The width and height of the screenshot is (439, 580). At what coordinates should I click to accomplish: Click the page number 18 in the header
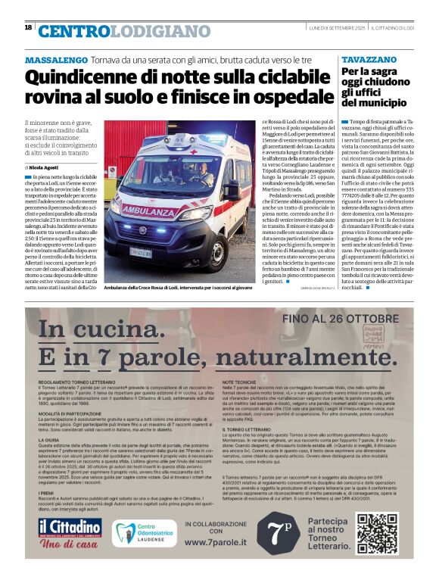[x=28, y=27]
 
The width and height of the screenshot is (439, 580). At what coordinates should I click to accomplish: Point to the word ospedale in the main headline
[x=291, y=97]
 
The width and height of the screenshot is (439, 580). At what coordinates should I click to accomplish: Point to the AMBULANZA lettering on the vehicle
[x=148, y=209]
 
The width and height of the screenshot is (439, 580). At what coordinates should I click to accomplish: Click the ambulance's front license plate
[x=141, y=252]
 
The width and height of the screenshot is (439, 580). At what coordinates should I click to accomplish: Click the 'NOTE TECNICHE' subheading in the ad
[x=241, y=384]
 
